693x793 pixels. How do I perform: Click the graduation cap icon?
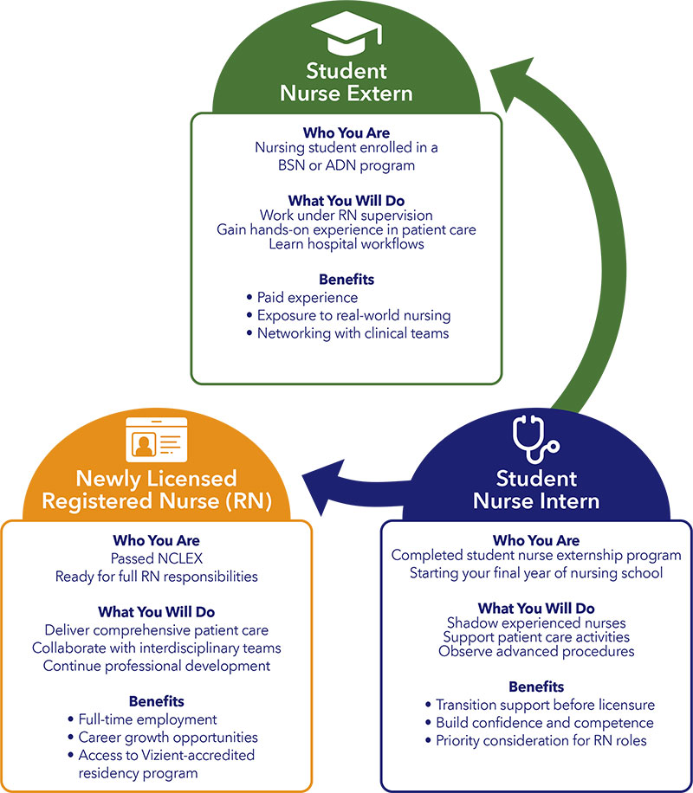pyautogui.click(x=346, y=35)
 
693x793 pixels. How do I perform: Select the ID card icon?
pyautogui.click(x=156, y=442)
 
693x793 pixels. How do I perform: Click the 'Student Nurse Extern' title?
pyautogui.click(x=346, y=82)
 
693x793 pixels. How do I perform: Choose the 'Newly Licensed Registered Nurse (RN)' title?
pyautogui.click(x=156, y=490)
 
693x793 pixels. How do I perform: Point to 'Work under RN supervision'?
pyautogui.click(x=346, y=215)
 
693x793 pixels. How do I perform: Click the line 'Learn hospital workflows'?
pyautogui.click(x=346, y=244)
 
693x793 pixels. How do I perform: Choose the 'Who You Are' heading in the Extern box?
pyautogui.click(x=346, y=132)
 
